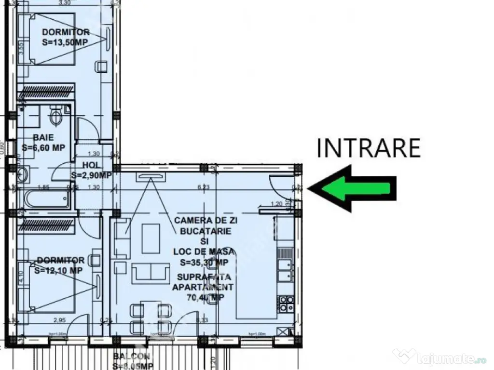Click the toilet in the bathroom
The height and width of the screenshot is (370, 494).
click(56, 116)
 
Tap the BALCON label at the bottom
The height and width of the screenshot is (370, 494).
click(132, 357)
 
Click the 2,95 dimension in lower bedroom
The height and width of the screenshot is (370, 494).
click(59, 319)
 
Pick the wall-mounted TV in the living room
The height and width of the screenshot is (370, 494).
click(151, 176)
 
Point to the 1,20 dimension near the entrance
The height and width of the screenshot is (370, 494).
click(276, 203)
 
